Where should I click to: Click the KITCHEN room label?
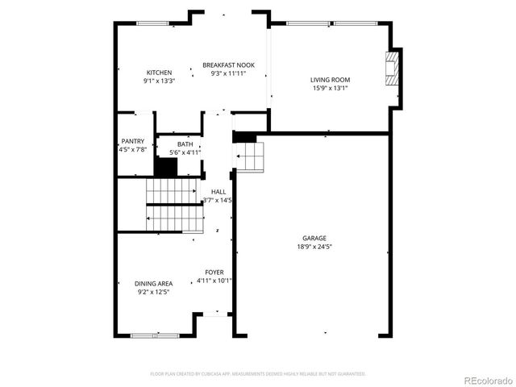[159, 73]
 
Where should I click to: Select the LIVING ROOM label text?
[331, 80]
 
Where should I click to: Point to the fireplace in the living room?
[393, 69]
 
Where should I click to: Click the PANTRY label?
[132, 141]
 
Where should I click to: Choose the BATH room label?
[185, 144]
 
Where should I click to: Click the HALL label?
[218, 192]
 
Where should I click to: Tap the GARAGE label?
[314, 238]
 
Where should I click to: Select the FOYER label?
[214, 273]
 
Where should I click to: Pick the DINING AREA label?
[153, 284]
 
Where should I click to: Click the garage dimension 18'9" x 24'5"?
[314, 247]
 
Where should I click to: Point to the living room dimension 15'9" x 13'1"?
[331, 89]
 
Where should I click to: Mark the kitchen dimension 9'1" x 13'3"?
[159, 81]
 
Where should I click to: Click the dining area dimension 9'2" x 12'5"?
[153, 292]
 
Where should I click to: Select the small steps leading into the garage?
[250, 156]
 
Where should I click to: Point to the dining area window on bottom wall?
[144, 335]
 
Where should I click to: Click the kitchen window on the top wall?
[152, 23]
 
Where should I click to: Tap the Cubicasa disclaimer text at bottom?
[258, 374]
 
